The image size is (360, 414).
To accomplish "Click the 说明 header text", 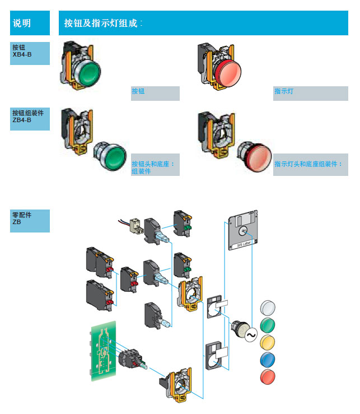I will click(x=22, y=23).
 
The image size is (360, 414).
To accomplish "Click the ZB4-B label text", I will click(x=22, y=120).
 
